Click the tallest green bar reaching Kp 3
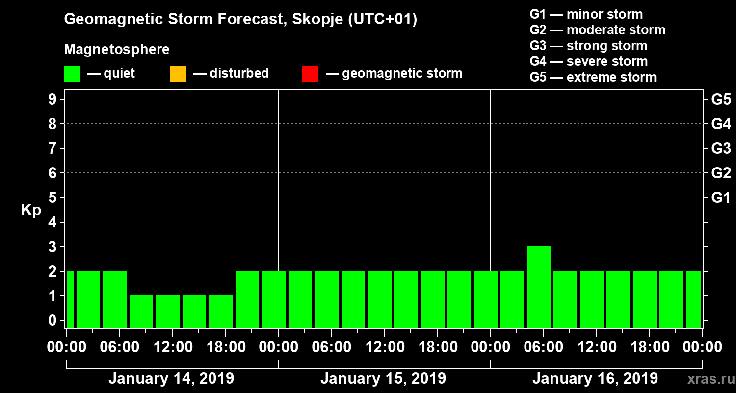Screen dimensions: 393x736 pos(538,286)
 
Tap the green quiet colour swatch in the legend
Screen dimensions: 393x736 pos(72,74)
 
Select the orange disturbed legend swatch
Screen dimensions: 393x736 pos(178,74)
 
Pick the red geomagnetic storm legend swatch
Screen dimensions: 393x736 pos(310,74)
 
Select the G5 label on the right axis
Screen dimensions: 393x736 pos(721,100)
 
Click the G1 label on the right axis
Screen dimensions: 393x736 pos(721,198)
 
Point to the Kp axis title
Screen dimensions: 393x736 pos(31,210)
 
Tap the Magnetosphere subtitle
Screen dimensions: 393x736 pos(117,50)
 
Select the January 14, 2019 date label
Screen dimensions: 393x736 pos(171,379)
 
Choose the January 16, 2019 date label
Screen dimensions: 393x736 pos(595,379)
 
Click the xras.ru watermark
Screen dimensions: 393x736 pos(709,379)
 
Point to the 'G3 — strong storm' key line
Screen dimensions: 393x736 pos(588,46)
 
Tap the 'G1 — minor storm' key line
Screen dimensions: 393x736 pos(586,14)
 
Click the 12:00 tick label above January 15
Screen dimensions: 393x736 pos(385,347)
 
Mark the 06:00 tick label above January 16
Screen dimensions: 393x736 pos(543,347)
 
